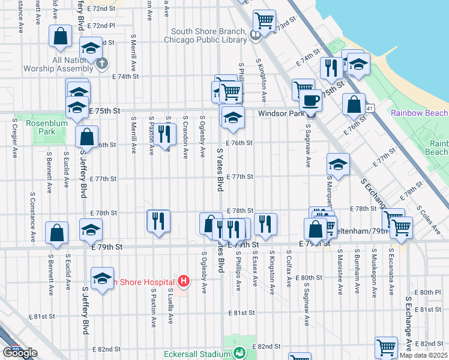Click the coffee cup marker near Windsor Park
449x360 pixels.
pyautogui.click(x=310, y=100)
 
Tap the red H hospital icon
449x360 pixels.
pyautogui.click(x=184, y=280)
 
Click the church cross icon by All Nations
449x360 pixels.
pyautogui.click(x=103, y=62)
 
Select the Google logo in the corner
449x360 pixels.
pyautogui.click(x=20, y=353)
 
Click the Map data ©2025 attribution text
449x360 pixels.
pyautogui.click(x=423, y=355)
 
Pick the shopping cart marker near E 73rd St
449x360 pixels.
pyautogui.click(x=264, y=21)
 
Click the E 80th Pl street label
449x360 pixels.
pyautogui.click(x=431, y=292)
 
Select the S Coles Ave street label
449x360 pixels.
pyautogui.click(x=430, y=219)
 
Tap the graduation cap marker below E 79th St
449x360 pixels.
pyautogui.click(x=102, y=279)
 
